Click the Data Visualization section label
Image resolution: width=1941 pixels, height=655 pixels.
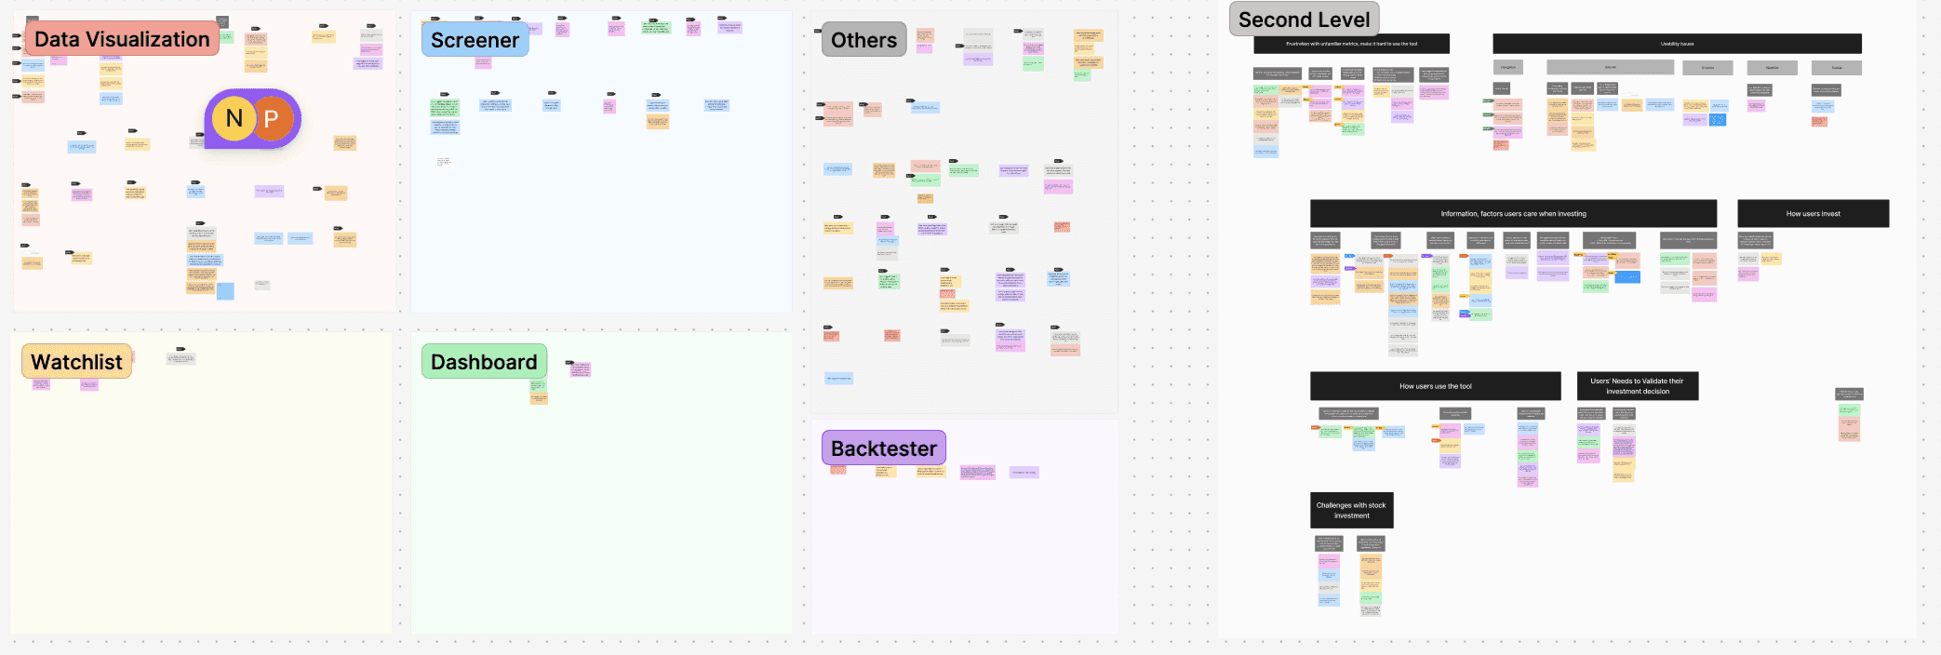pyautogui.click(x=122, y=39)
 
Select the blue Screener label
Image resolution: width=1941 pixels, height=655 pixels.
pyautogui.click(x=475, y=40)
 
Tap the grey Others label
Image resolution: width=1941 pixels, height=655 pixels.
pyautogui.click(x=863, y=40)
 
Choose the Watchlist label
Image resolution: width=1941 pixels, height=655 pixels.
pyautogui.click(x=76, y=362)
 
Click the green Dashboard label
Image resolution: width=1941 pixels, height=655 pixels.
pyautogui.click(x=484, y=362)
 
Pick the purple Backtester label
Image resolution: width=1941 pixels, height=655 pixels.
pyautogui.click(x=883, y=448)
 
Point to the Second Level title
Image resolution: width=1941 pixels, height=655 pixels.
pyautogui.click(x=1304, y=20)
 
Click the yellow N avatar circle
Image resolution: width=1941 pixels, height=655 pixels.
pyautogui.click(x=234, y=118)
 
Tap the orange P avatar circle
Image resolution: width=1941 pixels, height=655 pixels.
pyautogui.click(x=272, y=118)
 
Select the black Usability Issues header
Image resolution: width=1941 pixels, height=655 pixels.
pyautogui.click(x=1677, y=44)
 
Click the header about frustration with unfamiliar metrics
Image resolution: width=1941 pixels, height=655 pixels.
pyautogui.click(x=1351, y=44)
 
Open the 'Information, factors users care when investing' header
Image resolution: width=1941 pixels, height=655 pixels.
pyautogui.click(x=1513, y=213)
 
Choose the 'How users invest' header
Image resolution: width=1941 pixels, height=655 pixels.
pyautogui.click(x=1813, y=213)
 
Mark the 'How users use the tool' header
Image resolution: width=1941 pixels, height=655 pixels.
pyautogui.click(x=1435, y=386)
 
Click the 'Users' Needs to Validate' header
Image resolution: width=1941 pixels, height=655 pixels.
pyautogui.click(x=1637, y=386)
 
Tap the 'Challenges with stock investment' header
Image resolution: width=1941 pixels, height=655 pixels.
pyautogui.click(x=1351, y=510)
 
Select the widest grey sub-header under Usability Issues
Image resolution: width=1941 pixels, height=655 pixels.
pyautogui.click(x=1610, y=67)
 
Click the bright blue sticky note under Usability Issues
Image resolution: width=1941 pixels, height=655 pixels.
pyautogui.click(x=1717, y=119)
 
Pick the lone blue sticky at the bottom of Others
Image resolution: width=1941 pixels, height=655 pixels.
pyautogui.click(x=838, y=378)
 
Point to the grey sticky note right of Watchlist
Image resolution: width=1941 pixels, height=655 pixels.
pyautogui.click(x=181, y=358)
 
